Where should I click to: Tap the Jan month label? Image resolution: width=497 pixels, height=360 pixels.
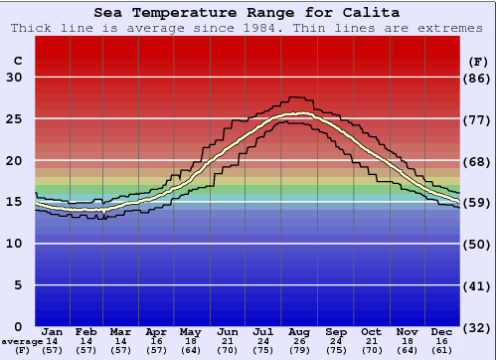coord(53,331)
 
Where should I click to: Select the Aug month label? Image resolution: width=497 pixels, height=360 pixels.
coord(300,331)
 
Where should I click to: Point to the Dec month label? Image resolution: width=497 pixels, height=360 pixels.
coord(442,331)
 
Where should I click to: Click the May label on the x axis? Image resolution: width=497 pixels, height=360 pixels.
coord(191,331)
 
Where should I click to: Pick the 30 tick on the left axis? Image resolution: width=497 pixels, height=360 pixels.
coord(14,78)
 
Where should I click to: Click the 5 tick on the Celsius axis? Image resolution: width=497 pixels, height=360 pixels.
coord(18,284)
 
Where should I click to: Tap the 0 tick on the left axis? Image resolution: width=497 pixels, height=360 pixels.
coord(18,326)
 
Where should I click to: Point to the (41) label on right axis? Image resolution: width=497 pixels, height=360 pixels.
coord(478,285)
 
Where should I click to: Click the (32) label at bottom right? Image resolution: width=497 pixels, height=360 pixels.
coord(478,327)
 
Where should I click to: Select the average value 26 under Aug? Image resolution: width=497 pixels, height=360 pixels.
coord(300,341)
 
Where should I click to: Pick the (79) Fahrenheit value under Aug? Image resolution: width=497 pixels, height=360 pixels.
coord(300,350)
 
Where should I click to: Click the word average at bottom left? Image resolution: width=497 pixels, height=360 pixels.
coord(21,341)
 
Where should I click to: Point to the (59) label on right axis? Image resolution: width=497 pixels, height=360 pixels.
coord(478,203)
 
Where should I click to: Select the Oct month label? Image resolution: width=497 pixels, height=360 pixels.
coord(371,331)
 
